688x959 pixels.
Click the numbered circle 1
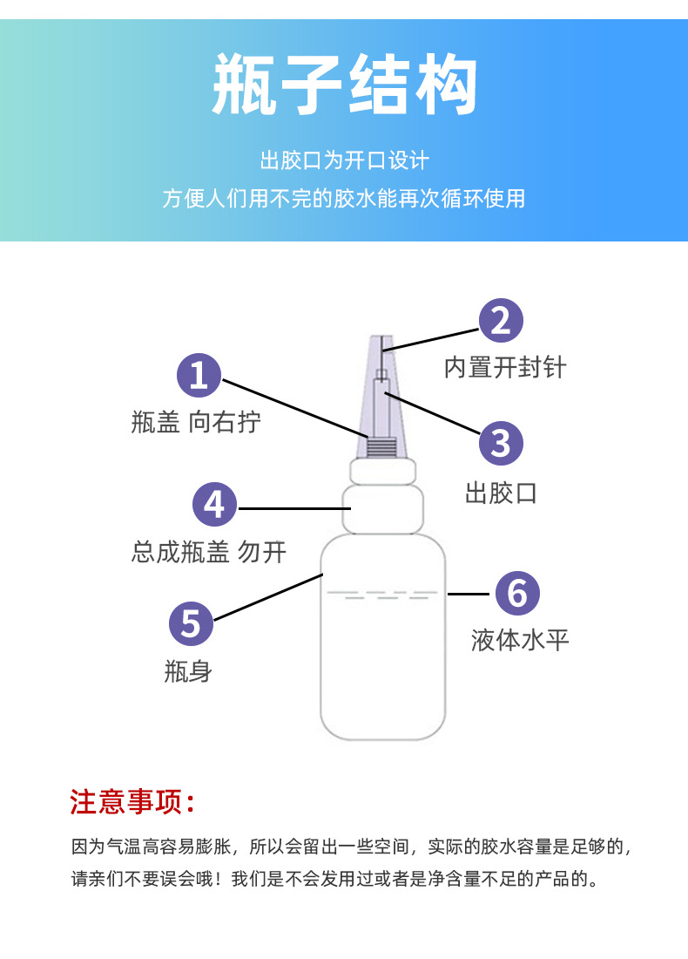(x=199, y=375)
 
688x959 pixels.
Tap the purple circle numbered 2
(x=501, y=321)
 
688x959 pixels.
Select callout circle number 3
(x=501, y=444)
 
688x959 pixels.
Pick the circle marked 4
(x=214, y=505)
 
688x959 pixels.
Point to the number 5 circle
(x=192, y=624)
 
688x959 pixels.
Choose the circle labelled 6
(x=517, y=593)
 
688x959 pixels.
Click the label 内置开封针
(x=505, y=368)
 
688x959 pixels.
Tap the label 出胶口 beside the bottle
(x=501, y=493)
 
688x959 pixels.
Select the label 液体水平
(x=520, y=641)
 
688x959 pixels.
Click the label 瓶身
(x=188, y=671)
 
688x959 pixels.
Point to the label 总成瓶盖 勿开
(x=209, y=552)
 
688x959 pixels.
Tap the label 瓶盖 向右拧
(x=196, y=422)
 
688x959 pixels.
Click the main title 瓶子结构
(x=345, y=85)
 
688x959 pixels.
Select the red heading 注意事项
(x=132, y=802)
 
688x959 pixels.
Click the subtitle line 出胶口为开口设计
(x=345, y=161)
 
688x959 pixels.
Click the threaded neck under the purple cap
(x=381, y=448)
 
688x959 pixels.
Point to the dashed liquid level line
(x=382, y=595)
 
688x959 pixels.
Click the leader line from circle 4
(x=293, y=508)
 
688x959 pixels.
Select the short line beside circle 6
(x=468, y=594)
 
